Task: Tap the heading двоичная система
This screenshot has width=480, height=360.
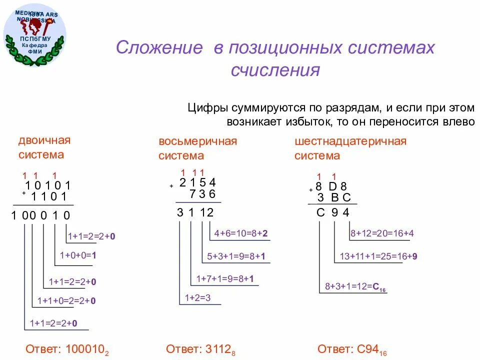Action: pos(44,147)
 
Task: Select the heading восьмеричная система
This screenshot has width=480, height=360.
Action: pos(197,148)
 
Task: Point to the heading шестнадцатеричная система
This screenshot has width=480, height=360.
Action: pos(350,148)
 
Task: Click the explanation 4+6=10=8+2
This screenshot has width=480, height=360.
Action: pos(241,233)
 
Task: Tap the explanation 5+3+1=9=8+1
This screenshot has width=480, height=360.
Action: pos(236,256)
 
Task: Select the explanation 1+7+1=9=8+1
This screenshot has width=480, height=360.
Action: pos(225,278)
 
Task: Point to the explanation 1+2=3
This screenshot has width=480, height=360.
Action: pos(197,298)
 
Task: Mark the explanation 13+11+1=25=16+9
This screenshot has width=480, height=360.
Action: pos(378,256)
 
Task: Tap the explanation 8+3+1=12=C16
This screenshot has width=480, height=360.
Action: pos(355,287)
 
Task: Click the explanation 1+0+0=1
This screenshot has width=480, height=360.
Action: pos(77,255)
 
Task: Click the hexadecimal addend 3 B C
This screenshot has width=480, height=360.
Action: pos(334,197)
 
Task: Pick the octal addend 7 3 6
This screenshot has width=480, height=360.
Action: pos(202,193)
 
